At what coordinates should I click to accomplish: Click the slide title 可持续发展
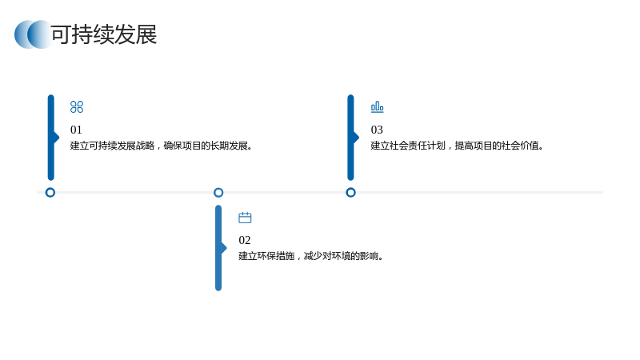pos(104,34)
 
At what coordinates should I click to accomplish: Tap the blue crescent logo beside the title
pos(33,34)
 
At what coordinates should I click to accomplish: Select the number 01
pos(76,130)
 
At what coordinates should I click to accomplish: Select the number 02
pos(245,240)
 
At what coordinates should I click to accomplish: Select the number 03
pos(377,130)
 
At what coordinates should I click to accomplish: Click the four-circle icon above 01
pos(77,107)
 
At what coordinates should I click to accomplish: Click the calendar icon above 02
pos(245,218)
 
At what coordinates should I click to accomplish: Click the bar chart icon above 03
pos(377,107)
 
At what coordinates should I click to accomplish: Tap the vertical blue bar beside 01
pos(51,138)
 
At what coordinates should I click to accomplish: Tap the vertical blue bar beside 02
pos(218,248)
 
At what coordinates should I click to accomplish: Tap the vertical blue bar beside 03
pos(350,138)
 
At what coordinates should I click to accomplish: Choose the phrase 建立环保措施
pos(266,256)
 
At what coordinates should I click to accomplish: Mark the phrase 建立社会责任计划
pos(408,146)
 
